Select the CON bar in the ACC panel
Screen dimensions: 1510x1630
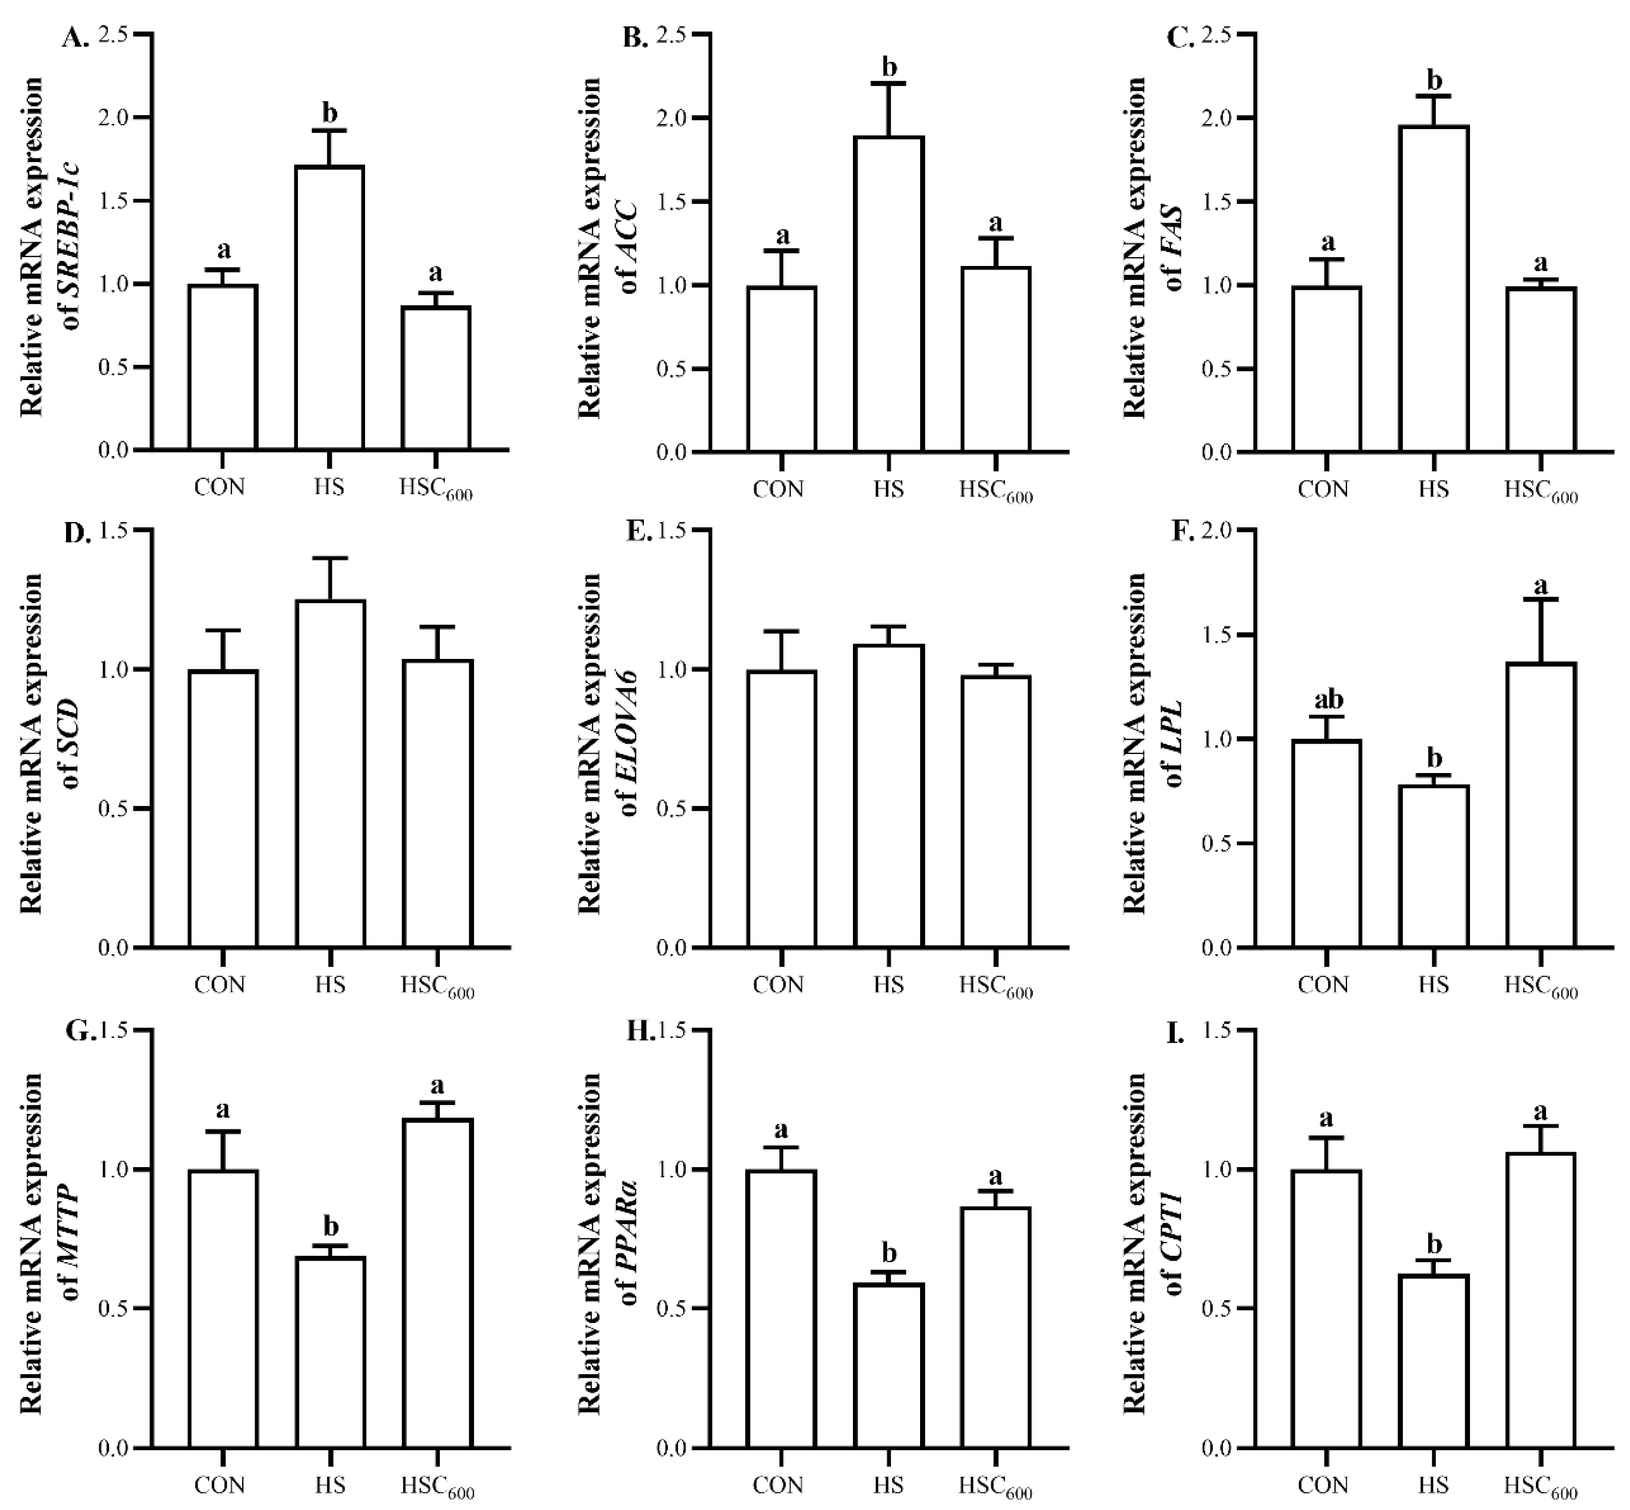pyautogui.click(x=781, y=369)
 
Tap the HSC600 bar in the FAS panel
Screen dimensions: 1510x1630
pyautogui.click(x=1541, y=369)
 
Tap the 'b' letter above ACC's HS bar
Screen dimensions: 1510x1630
pyautogui.click(x=890, y=66)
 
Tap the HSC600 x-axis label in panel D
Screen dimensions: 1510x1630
pyautogui.click(x=437, y=987)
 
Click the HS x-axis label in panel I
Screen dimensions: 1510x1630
pyautogui.click(x=1433, y=1484)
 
